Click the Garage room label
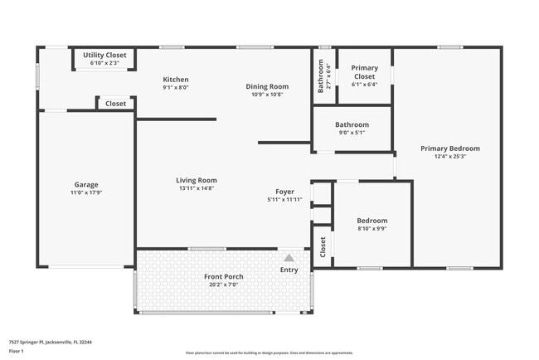(86, 184)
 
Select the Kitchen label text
(175, 80)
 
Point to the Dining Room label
(267, 86)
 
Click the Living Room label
(196, 180)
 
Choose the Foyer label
(285, 192)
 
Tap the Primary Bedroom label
(449, 148)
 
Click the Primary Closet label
(364, 72)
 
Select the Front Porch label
(223, 276)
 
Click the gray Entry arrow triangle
(289, 258)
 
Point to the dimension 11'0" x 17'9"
(86, 192)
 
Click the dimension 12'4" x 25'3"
(449, 156)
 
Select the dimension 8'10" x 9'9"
(372, 228)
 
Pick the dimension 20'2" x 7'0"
(223, 285)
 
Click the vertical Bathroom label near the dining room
(322, 76)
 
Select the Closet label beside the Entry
(323, 247)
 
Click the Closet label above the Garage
(116, 104)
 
